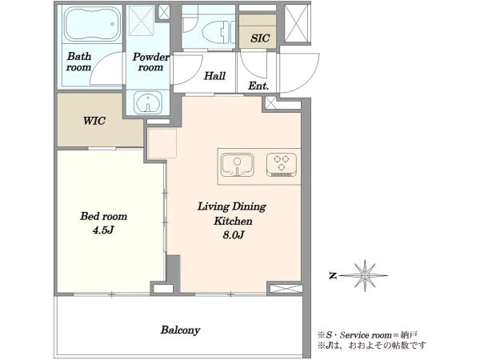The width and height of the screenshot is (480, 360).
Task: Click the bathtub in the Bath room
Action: [x=92, y=24]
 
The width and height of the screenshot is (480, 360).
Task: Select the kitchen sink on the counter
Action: [x=238, y=166]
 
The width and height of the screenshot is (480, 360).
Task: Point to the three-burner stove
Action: [x=282, y=165]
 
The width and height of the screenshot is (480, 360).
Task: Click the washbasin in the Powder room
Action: [x=148, y=103]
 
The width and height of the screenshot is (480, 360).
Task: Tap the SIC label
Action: [x=260, y=38]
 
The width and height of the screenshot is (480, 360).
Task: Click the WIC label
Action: [x=94, y=121]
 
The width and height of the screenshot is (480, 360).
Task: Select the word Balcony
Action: [x=180, y=330]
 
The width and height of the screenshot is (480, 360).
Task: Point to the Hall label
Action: [x=214, y=76]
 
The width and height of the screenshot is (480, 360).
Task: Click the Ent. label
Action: [x=258, y=86]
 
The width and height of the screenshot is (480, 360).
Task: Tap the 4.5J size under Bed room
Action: [x=103, y=230]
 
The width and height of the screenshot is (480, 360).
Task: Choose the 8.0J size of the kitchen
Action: [x=234, y=235]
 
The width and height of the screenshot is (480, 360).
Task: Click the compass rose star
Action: [x=364, y=275]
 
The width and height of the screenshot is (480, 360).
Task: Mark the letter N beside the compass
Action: [x=333, y=275]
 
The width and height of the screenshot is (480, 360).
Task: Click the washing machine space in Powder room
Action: [x=141, y=20]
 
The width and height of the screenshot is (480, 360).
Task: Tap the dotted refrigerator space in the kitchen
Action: [x=162, y=143]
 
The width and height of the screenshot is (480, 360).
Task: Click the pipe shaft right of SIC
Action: [x=296, y=23]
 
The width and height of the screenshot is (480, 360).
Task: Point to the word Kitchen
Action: [x=233, y=221]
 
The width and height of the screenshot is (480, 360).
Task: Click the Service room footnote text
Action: [x=367, y=335]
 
